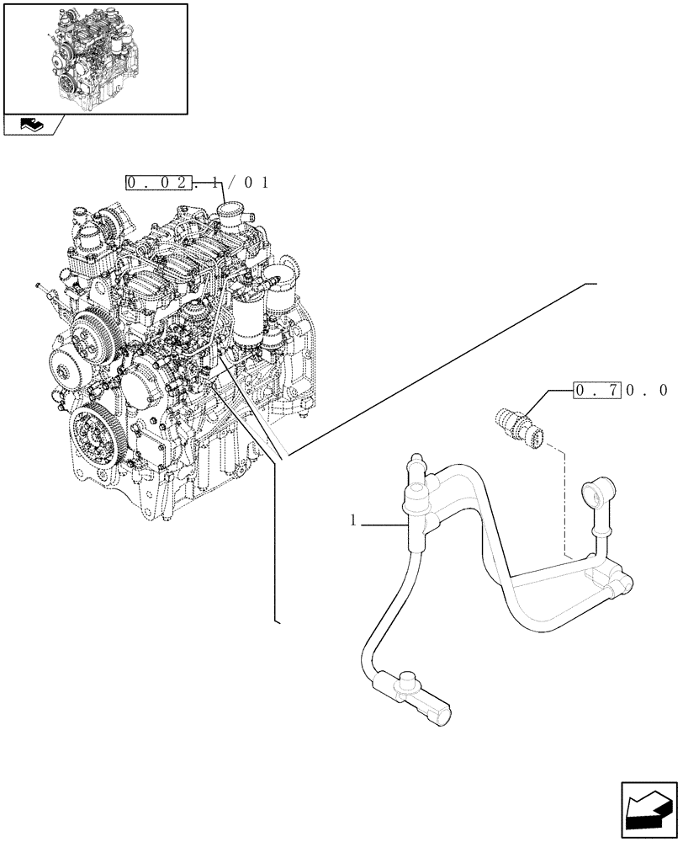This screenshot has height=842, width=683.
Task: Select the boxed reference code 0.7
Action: [x=597, y=390]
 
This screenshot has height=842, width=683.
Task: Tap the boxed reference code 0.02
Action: [x=158, y=183]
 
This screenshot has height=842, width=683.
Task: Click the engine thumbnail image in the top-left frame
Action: [x=95, y=57]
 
